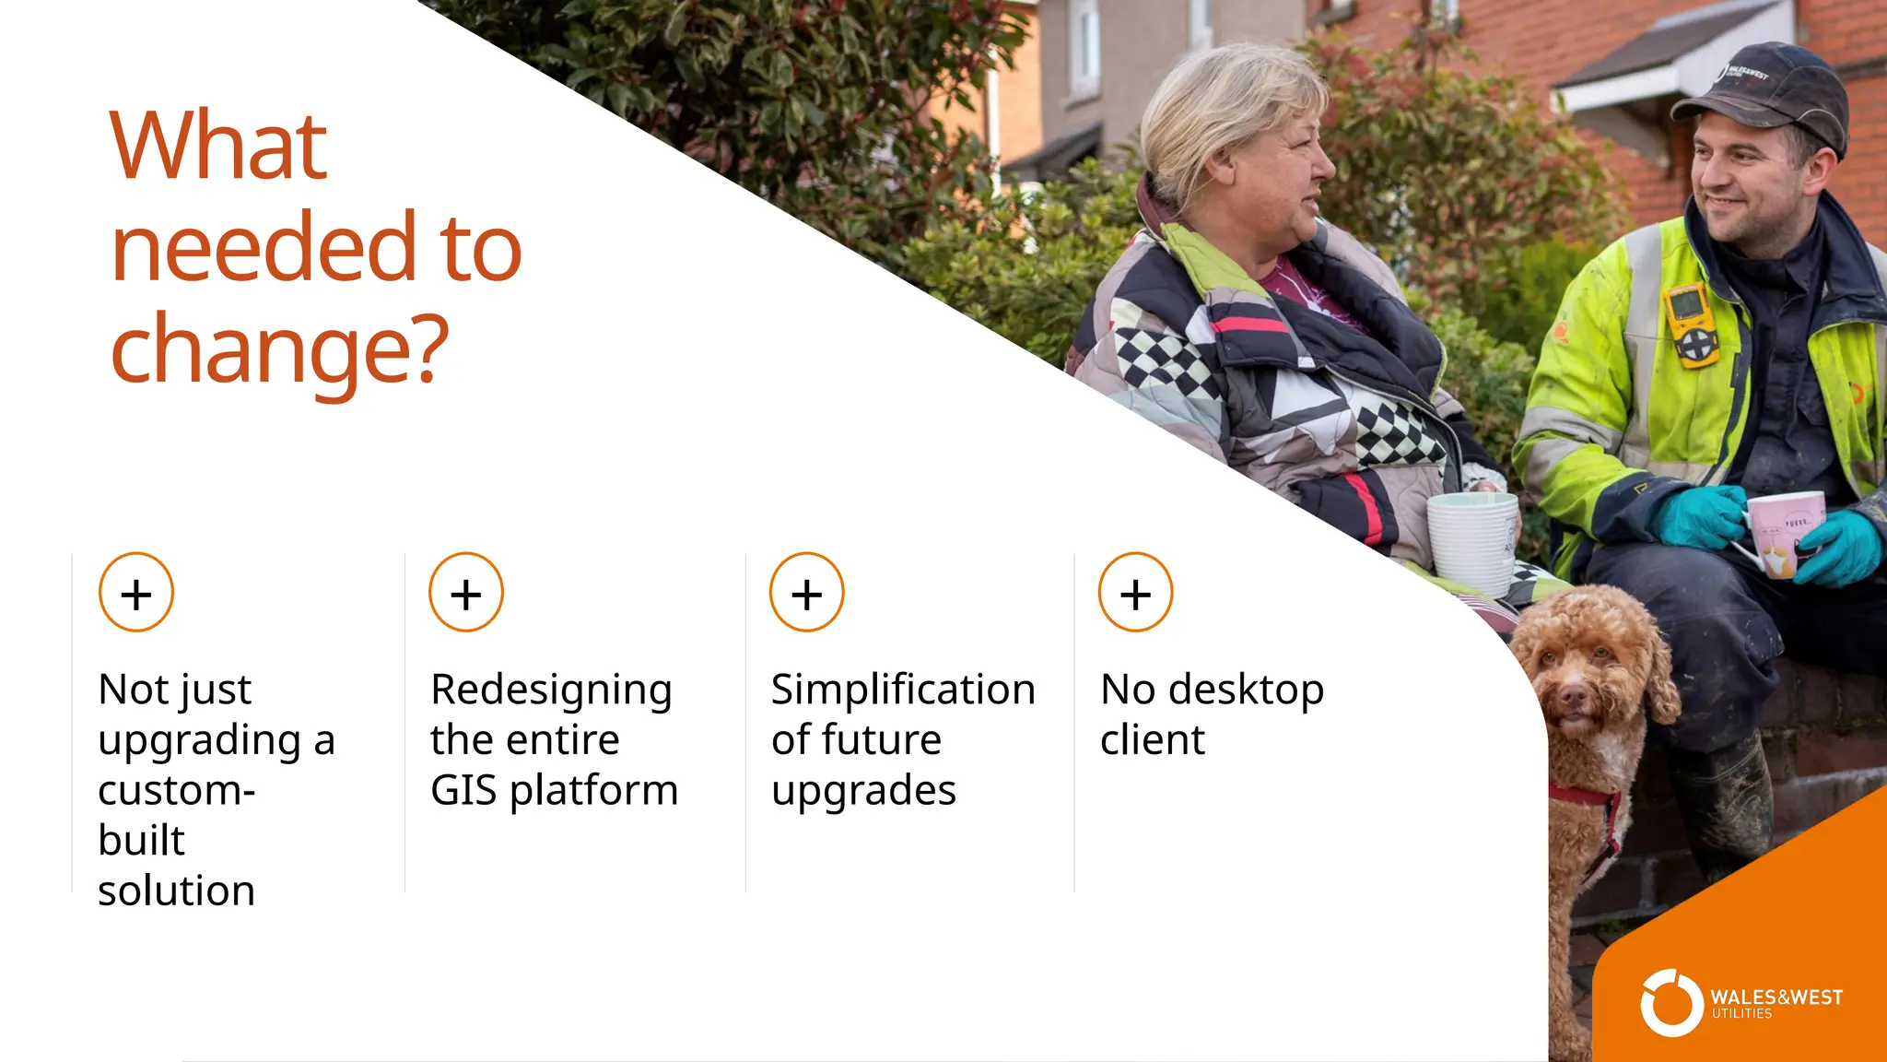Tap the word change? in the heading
[x=278, y=350]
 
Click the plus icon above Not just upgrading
[x=136, y=593]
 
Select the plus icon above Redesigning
[x=466, y=593]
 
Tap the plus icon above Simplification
[x=807, y=593]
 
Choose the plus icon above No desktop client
[x=1135, y=593]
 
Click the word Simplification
[x=903, y=690]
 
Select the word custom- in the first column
[x=176, y=790]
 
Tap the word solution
[x=176, y=891]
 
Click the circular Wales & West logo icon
[x=1671, y=1003]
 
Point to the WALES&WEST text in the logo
[x=1776, y=997]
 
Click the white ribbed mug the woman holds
[x=1472, y=544]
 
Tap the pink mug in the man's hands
[x=1786, y=530]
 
